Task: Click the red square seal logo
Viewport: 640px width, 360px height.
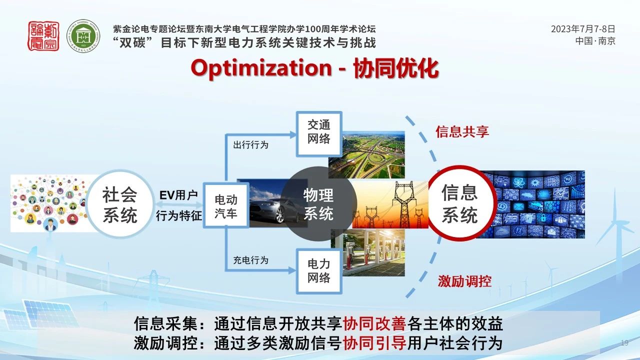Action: [43, 36]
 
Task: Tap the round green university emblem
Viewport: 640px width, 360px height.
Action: [83, 36]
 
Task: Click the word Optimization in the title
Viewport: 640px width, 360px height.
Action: [261, 68]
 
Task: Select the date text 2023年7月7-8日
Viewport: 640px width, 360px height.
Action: [583, 29]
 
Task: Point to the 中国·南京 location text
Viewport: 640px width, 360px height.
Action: [595, 41]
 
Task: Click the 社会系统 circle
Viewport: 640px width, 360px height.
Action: [120, 204]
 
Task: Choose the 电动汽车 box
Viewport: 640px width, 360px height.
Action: [226, 205]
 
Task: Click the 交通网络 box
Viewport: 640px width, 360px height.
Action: [319, 134]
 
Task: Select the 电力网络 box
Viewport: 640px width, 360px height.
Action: [319, 271]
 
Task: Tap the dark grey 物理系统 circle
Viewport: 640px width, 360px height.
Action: [318, 204]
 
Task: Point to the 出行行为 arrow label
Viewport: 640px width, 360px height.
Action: [251, 145]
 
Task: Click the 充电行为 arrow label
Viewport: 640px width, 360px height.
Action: [251, 260]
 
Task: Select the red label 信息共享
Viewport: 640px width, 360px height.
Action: [462, 131]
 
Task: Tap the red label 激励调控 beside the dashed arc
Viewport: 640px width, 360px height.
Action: [465, 281]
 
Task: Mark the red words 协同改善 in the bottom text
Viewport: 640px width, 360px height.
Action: [374, 324]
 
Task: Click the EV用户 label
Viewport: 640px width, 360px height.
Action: [178, 195]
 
